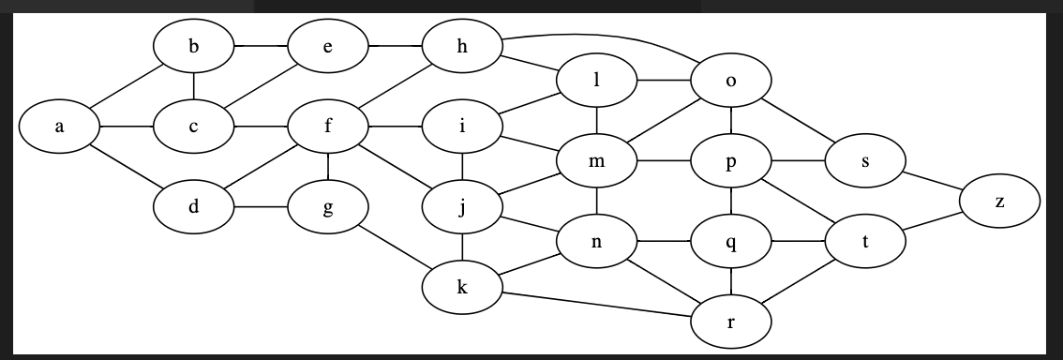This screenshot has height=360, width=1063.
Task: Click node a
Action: click(x=58, y=126)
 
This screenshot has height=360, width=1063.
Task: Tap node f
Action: click(x=327, y=126)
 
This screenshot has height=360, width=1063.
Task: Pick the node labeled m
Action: click(x=596, y=161)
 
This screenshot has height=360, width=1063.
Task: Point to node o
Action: click(x=730, y=81)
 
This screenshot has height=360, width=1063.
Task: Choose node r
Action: click(x=730, y=322)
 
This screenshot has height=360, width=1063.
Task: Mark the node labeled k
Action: click(x=461, y=287)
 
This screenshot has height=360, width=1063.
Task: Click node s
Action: click(x=864, y=161)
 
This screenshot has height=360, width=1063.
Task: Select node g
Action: click(x=327, y=207)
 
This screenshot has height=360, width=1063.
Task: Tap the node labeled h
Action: click(x=461, y=45)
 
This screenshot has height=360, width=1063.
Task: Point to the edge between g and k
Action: click(x=394, y=247)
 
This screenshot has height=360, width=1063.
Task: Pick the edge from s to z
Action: click(x=934, y=181)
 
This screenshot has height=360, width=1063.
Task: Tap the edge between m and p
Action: click(x=663, y=161)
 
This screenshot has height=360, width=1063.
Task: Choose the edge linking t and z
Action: click(x=934, y=222)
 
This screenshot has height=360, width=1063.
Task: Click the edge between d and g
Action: click(x=260, y=207)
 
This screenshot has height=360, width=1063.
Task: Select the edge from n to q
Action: click(x=663, y=242)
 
